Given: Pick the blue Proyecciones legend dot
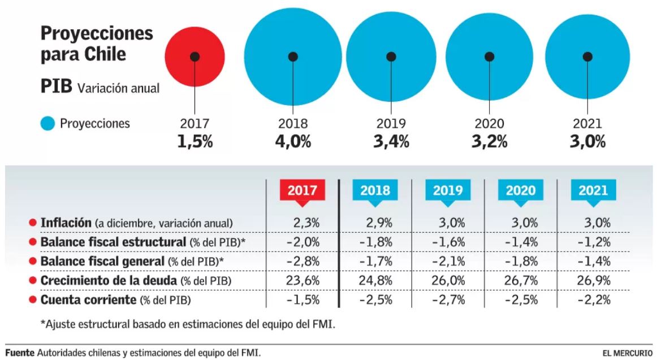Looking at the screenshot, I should click(48, 123).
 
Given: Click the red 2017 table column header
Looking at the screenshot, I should click(302, 191).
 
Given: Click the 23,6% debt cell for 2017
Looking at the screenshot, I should click(304, 281).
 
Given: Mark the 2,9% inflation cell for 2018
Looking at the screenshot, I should click(378, 223).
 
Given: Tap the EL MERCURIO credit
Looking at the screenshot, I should click(628, 353).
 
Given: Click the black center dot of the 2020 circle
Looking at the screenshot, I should click(490, 57).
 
